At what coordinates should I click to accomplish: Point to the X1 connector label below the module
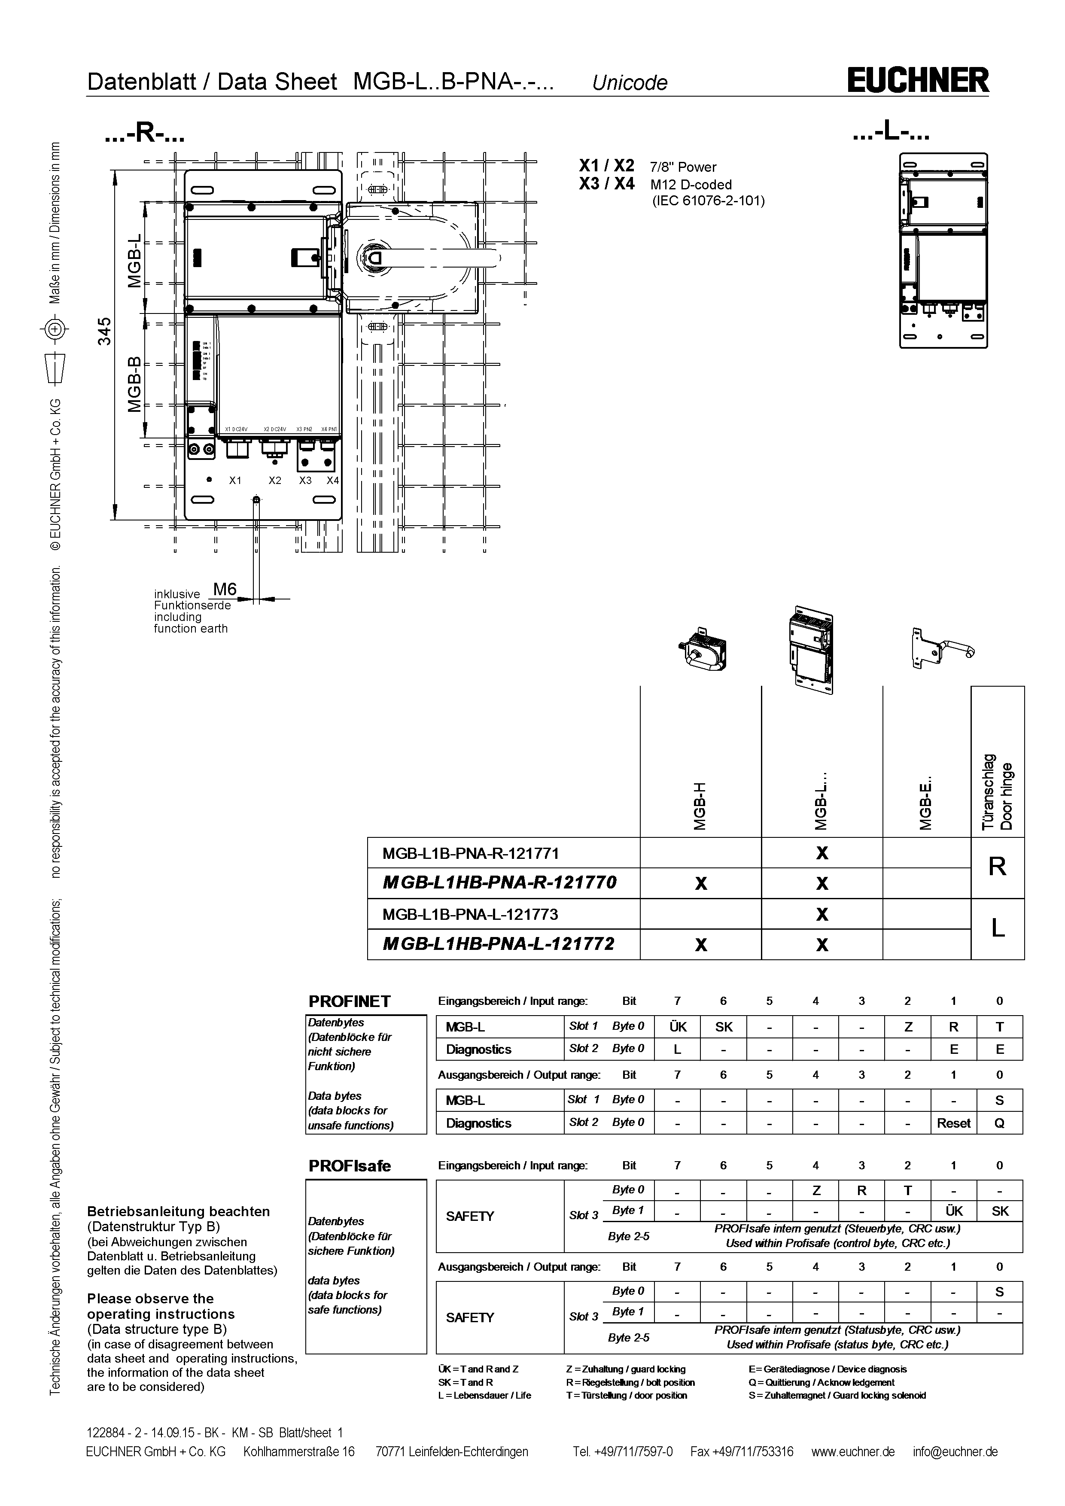point(235,480)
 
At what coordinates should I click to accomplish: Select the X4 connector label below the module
point(332,480)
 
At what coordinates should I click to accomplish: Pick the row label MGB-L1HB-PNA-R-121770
point(499,882)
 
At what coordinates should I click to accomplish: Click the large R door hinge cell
point(997,867)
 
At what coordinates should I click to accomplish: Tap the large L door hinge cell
point(997,928)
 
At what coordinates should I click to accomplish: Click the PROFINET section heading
point(350,1001)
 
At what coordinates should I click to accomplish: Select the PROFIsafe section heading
point(350,1165)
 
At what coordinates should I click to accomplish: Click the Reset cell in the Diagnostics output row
point(953,1123)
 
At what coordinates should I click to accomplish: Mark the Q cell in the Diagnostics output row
point(999,1123)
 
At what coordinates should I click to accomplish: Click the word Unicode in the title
point(630,82)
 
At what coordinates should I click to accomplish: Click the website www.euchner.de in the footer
point(852,1451)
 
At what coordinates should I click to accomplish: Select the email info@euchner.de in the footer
point(955,1451)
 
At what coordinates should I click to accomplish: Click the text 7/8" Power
point(683,167)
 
